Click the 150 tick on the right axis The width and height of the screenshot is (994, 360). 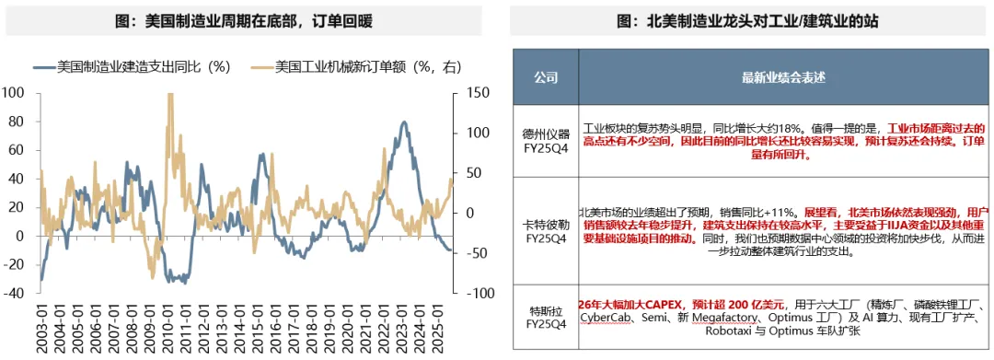pos(477,93)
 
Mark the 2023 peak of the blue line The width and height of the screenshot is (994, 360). pos(405,122)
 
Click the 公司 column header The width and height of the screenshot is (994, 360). pos(546,76)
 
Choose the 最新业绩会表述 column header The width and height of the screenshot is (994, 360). pos(781,76)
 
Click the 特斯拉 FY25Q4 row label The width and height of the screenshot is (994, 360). pos(546,316)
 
